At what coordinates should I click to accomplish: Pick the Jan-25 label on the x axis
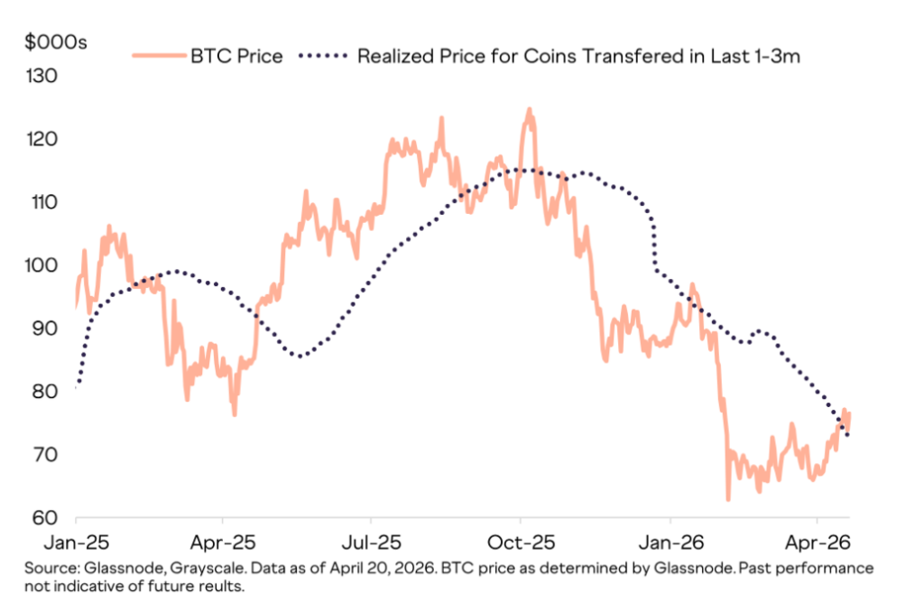76,545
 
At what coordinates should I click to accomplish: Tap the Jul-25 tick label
371,545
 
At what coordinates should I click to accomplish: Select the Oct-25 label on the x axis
521,545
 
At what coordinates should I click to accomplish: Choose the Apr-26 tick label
817,545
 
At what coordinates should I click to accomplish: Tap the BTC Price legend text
236,57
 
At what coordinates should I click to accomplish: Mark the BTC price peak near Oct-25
529,109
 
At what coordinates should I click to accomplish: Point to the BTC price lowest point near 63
728,499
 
